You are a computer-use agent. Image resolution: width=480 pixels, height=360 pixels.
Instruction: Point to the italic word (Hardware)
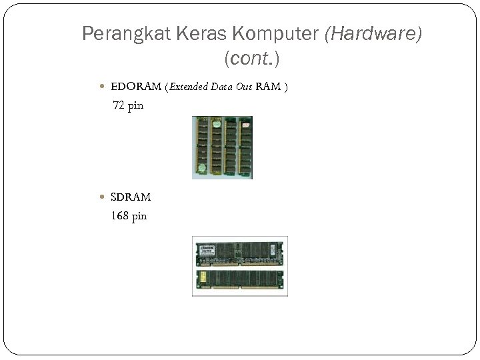click(373, 34)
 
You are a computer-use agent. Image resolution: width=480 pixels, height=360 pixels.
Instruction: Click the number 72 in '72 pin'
click(118, 105)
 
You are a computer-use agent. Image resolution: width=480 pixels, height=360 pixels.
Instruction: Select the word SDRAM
click(131, 197)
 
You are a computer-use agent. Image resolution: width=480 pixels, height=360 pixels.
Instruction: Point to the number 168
click(121, 216)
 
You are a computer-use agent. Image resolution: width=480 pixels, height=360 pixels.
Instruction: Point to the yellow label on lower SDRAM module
click(202, 275)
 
